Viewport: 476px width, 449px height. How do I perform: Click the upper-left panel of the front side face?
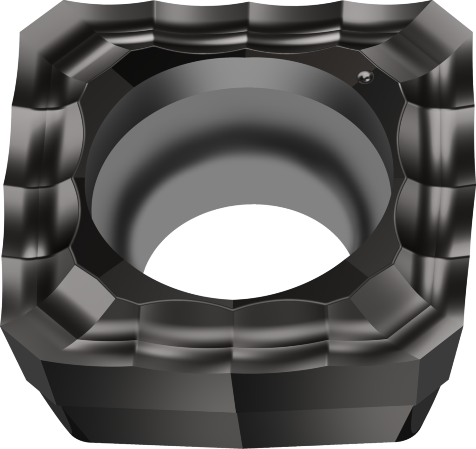tap(139, 381)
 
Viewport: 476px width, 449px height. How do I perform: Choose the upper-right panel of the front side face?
tap(325, 381)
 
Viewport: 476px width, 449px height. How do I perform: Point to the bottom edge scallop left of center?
tap(186, 325)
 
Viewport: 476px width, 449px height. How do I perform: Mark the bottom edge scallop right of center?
tap(281, 325)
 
